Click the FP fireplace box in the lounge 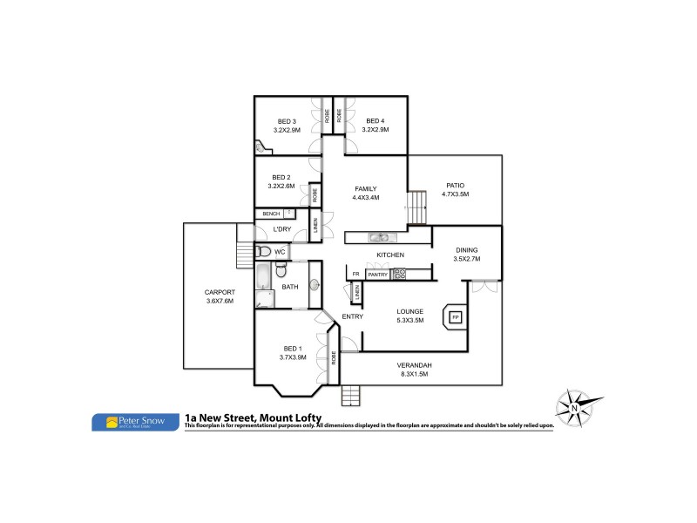(455, 317)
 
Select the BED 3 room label (288, 121)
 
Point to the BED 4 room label (375, 121)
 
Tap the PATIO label (455, 185)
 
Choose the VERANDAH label (414, 364)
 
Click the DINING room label (467, 251)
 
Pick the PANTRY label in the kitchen (377, 275)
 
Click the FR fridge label (355, 275)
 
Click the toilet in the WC (264, 252)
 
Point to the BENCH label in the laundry (271, 214)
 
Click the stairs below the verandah (350, 393)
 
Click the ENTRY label (352, 316)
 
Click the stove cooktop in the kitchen (400, 275)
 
